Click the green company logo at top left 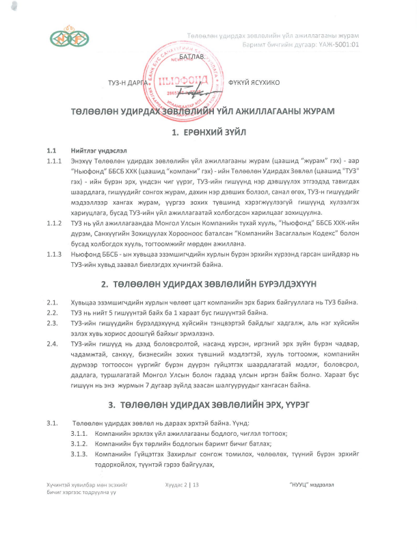pos(70,37)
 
